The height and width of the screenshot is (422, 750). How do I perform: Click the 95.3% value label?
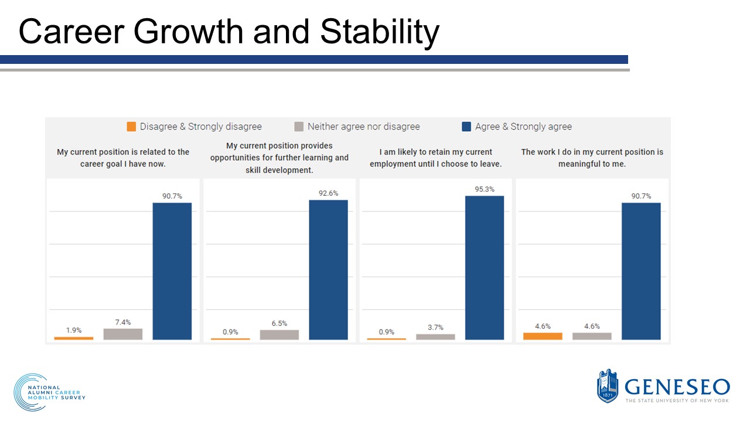484,189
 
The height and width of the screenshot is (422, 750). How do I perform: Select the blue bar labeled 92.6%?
328,270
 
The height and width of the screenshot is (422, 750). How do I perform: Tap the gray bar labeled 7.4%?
123,334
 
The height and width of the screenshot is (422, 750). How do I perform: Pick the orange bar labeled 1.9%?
74,338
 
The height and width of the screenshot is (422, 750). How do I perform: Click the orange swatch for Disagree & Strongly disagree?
131,127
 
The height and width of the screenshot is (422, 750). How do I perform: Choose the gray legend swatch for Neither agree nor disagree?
299,127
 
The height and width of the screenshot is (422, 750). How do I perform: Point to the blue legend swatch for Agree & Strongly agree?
466,127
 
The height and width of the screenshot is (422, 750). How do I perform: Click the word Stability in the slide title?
380,32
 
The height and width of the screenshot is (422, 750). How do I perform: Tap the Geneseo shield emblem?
608,386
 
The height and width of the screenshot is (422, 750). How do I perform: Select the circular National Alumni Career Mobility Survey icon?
28,392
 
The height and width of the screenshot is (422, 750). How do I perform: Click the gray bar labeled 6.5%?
279,335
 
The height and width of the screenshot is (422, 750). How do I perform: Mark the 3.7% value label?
435,328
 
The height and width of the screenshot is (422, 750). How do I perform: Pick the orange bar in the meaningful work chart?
543,336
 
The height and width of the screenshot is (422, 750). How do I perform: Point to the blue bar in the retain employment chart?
485,268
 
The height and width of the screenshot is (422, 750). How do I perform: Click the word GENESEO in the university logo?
677,387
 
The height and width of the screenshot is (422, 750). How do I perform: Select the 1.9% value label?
74,330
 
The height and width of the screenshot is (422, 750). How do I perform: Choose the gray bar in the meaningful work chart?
592,336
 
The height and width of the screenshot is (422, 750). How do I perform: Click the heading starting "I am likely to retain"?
435,158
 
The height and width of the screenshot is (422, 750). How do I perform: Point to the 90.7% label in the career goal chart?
172,196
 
